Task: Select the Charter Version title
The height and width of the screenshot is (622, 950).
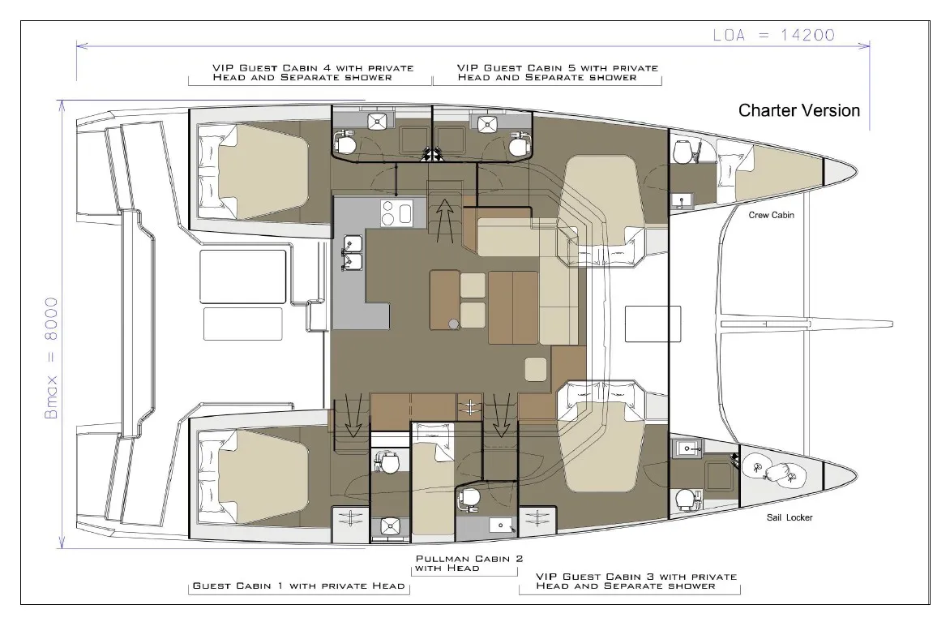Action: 798,110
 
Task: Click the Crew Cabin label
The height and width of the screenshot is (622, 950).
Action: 771,215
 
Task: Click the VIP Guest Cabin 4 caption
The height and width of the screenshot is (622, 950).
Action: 302,73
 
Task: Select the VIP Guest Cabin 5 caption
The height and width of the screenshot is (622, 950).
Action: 547,73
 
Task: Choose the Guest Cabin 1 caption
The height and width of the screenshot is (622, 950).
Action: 298,586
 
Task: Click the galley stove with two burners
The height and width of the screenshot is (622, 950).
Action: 396,214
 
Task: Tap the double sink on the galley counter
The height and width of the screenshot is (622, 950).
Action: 352,251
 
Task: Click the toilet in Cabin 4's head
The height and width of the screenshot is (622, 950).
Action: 346,144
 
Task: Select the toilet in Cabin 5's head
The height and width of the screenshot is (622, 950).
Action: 516,144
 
